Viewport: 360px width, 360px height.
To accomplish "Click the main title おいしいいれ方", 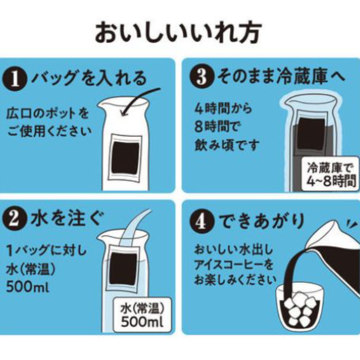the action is [178, 32].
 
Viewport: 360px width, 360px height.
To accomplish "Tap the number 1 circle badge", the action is [15, 80].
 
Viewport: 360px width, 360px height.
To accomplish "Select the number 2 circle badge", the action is [14, 218].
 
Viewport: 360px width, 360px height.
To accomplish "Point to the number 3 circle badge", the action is [202, 77].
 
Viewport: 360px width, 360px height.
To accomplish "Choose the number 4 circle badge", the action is [202, 221].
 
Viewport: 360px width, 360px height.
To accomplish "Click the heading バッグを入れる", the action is [89, 78].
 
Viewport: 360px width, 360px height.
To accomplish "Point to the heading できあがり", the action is [261, 221].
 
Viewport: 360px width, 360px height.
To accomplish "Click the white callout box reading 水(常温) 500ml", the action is [142, 315].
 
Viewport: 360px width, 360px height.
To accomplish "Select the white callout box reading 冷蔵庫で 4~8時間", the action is [330, 174].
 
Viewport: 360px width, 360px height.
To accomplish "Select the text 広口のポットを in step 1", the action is [48, 114].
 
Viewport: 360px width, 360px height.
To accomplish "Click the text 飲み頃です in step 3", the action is [227, 145].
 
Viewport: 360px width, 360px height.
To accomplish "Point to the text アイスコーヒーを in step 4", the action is [234, 264].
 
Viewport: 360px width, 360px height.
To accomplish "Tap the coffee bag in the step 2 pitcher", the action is [124, 268].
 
